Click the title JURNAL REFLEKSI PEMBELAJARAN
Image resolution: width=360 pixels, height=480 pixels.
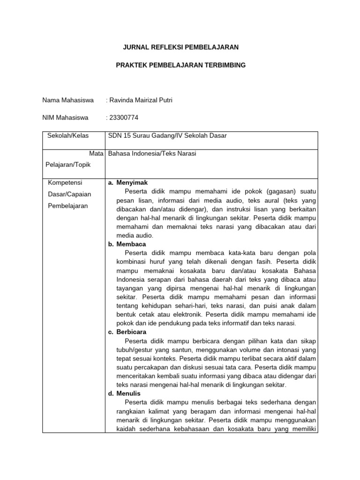[180, 47]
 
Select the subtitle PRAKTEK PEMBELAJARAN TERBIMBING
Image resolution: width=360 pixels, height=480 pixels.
[180, 65]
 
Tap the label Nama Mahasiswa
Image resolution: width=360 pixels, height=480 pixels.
[68, 100]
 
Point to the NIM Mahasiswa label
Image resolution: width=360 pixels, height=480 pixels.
[65, 118]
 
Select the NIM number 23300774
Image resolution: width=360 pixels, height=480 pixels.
[124, 118]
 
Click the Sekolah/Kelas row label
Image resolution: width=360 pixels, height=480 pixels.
[68, 136]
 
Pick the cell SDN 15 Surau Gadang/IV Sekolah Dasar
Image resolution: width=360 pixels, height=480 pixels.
[167, 136]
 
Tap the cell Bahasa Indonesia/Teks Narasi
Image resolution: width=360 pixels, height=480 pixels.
[152, 153]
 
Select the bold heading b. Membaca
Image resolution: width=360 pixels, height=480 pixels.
[127, 244]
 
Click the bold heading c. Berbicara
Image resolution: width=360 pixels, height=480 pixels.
[127, 332]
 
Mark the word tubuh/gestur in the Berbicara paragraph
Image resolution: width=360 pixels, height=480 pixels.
[135, 349]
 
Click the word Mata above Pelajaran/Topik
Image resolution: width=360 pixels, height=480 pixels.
[96, 153]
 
